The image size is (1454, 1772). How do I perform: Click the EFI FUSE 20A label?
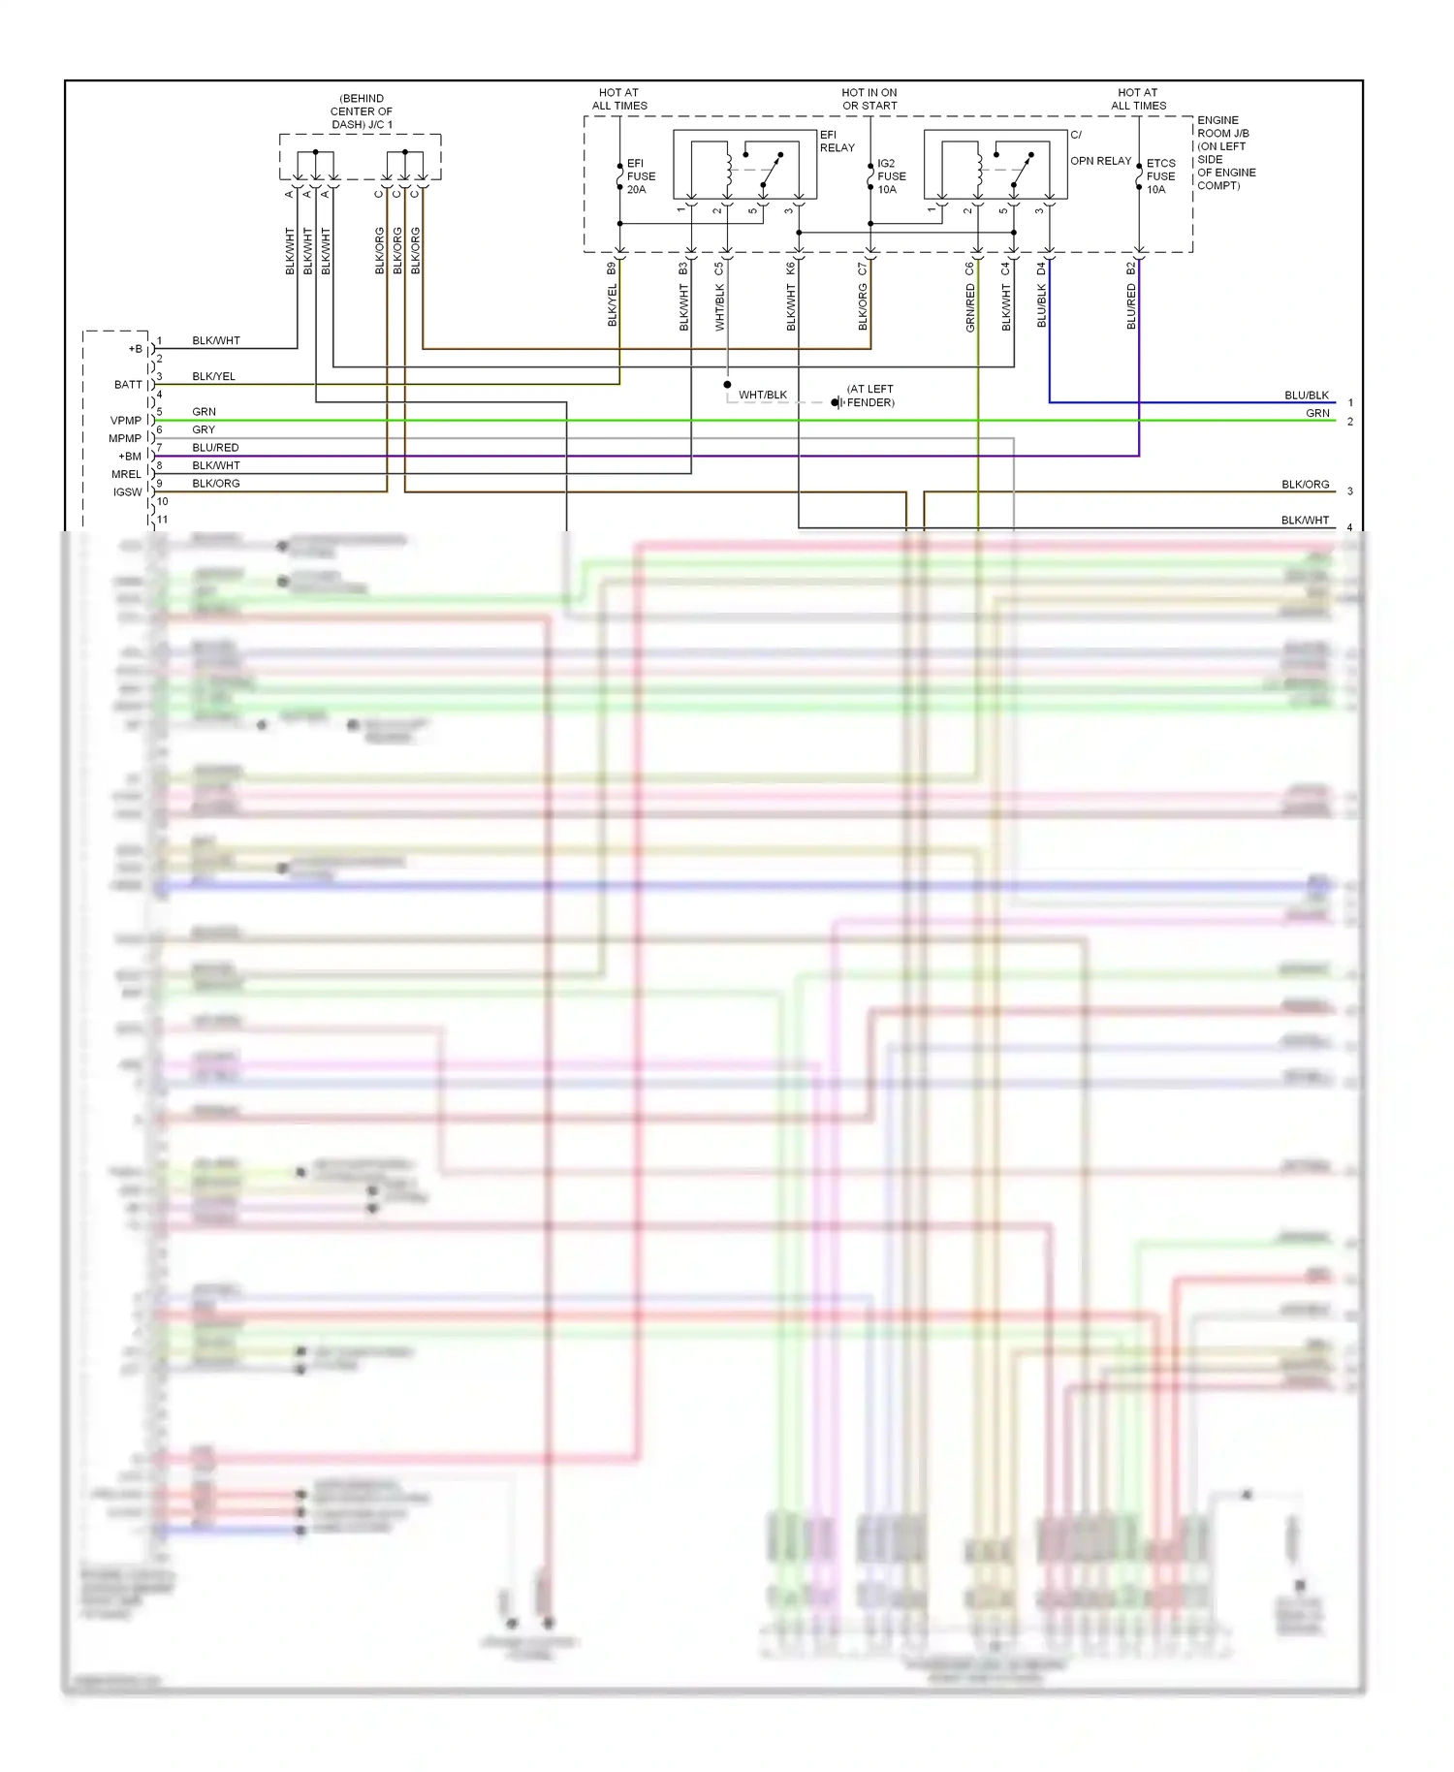coord(641,176)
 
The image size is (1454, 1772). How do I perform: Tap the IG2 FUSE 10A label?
coord(891,176)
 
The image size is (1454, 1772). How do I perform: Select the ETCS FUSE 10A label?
coord(1160,176)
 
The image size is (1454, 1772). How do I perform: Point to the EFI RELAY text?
coord(837,142)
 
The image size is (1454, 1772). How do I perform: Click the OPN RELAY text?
coord(1100,161)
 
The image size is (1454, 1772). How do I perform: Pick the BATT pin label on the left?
coord(128,385)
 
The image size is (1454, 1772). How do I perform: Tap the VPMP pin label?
coord(126,421)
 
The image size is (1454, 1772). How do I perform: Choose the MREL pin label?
coord(126,474)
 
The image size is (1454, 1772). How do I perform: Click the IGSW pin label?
coord(128,492)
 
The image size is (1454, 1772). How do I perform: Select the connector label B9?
coord(612,269)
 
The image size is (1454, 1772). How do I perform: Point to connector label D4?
coord(1042,269)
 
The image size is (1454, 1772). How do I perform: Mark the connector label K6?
coord(791,269)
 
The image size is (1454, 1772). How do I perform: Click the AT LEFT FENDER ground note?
coord(869,396)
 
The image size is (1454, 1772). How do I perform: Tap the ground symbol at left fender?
coord(837,402)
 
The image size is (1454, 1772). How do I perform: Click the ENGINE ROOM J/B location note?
coord(1225,153)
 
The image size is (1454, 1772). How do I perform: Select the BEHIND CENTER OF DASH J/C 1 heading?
coord(362,111)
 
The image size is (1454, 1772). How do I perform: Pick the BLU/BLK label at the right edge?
coord(1306,396)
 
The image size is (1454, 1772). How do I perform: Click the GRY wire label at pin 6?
coord(204,429)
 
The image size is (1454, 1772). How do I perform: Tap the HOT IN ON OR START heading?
coord(869,99)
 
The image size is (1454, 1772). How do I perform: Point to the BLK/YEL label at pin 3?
coord(213,376)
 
